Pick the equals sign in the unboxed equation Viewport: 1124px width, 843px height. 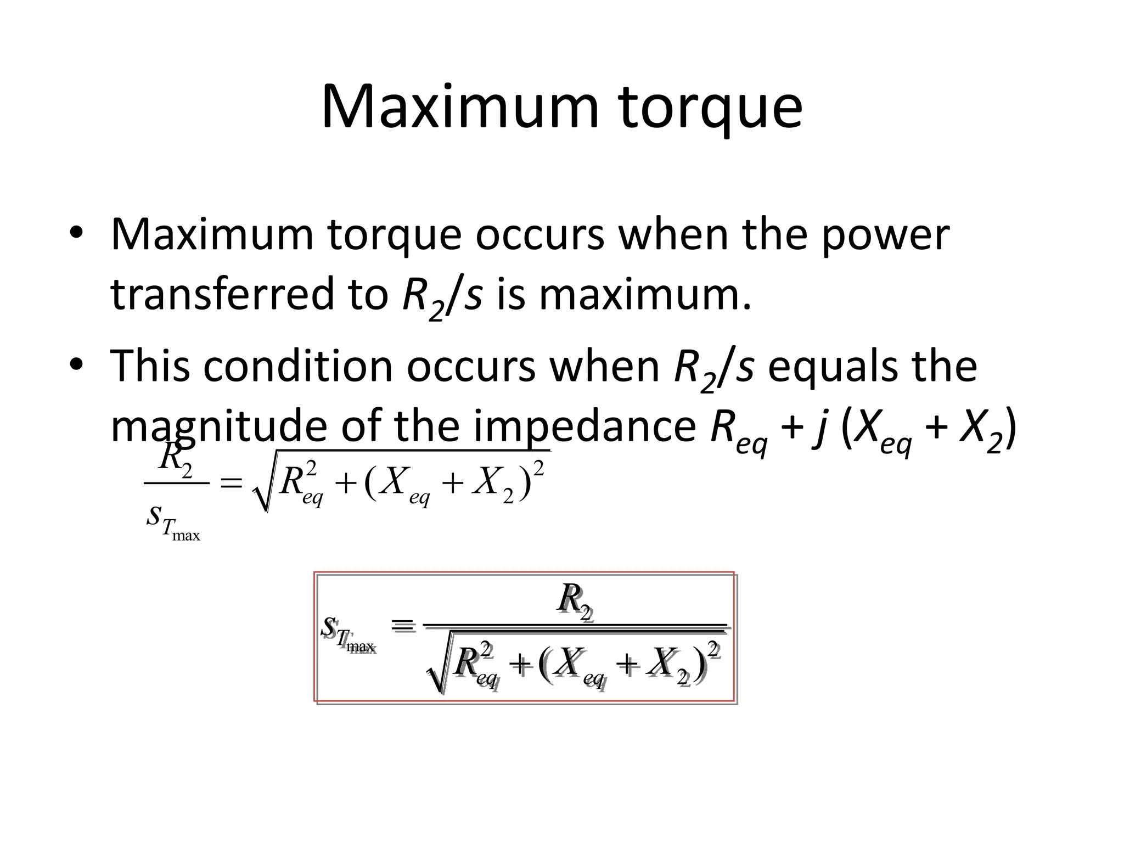pos(231,483)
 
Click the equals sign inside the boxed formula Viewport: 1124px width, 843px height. pos(403,625)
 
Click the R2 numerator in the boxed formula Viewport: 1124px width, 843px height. pos(574,600)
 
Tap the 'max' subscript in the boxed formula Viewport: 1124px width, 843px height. pos(361,648)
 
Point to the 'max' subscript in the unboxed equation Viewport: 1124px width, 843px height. pos(186,535)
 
